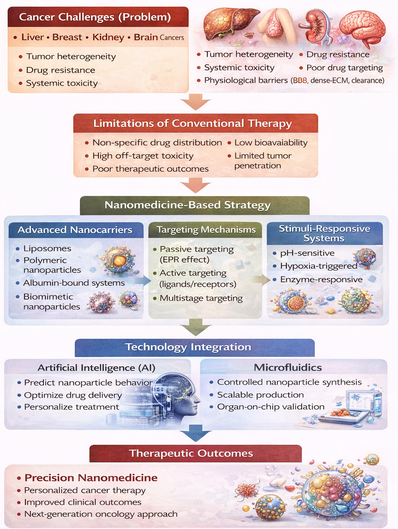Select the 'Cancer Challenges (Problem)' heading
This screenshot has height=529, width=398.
(95, 17)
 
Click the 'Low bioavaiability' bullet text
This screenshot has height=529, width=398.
(271, 143)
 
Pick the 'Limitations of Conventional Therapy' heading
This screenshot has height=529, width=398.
(193, 123)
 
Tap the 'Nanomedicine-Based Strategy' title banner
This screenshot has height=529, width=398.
(188, 205)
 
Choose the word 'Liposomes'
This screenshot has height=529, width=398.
(47, 248)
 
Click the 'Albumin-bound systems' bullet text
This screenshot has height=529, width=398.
(74, 283)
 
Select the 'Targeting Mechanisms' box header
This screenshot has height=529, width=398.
(206, 230)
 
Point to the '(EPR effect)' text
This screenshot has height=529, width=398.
(184, 260)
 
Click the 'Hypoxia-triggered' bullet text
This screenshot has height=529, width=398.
(319, 266)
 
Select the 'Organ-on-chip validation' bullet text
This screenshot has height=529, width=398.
(271, 407)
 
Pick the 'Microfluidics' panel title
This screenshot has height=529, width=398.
(288, 368)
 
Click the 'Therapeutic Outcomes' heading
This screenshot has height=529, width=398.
(191, 453)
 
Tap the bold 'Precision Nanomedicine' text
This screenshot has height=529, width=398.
(91, 478)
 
